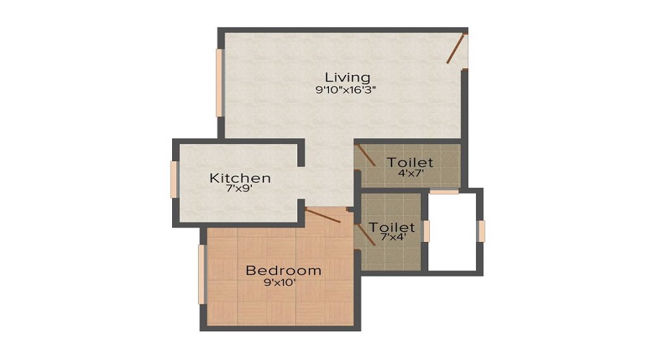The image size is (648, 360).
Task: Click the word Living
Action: [x=347, y=77]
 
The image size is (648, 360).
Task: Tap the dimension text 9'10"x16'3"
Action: [x=346, y=90]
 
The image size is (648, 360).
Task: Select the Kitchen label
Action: [x=240, y=178]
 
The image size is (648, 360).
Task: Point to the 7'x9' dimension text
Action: [x=240, y=190]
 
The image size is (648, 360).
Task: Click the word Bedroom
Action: [x=283, y=271]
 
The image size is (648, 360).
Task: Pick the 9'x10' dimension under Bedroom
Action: [x=280, y=283]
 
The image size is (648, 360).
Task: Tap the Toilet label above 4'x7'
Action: [x=410, y=162]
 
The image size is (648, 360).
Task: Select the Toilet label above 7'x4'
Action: [x=392, y=228]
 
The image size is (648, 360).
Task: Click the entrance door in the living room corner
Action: [x=455, y=49]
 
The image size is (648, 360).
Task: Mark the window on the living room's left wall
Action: [x=219, y=82]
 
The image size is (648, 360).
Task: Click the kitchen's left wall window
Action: [x=174, y=179]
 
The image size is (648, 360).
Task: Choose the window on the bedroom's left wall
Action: [x=202, y=274]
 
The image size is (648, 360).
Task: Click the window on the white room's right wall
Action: [x=482, y=230]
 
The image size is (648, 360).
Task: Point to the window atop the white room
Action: [x=444, y=192]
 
